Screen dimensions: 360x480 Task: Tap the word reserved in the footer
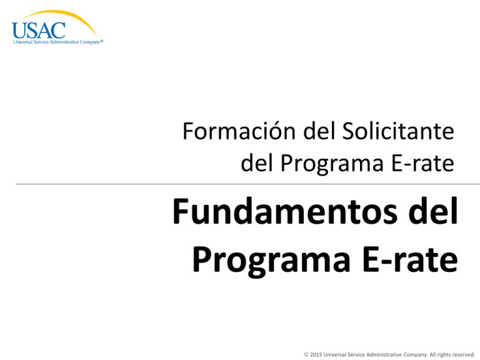pos(462,354)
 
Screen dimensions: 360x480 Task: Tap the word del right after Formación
pos(299,132)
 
